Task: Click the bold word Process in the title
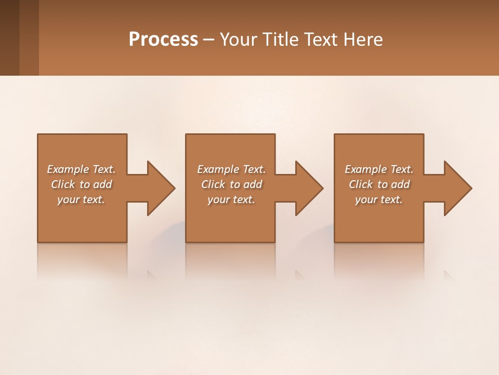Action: tap(163, 40)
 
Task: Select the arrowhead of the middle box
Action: tap(309, 188)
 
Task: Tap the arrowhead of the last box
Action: tap(457, 188)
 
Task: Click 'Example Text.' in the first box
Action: tap(81, 169)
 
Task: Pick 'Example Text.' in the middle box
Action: tap(231, 169)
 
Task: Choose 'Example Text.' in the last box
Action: tap(379, 169)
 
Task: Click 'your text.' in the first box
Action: tap(81, 199)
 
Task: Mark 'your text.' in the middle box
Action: tap(231, 199)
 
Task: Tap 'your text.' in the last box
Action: tap(379, 199)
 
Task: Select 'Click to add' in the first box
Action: tap(81, 184)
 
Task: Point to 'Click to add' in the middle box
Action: tap(231, 184)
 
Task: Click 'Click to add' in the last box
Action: tap(379, 184)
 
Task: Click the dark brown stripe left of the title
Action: tap(9, 37)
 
